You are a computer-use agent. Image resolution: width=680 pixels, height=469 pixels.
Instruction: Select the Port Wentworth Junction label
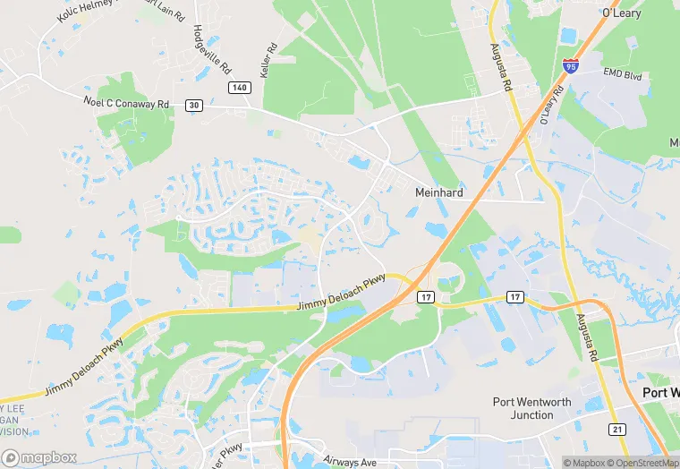coord(531,408)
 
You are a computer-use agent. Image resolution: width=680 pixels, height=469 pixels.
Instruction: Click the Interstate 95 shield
coord(571,65)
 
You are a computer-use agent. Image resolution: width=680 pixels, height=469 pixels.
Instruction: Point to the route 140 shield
coord(239,87)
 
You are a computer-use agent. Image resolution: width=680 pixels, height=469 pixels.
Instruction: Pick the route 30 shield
coord(193,105)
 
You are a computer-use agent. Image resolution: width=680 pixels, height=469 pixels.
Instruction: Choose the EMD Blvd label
coord(623,74)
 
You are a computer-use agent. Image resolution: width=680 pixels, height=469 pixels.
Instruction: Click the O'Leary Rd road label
coord(550,106)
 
